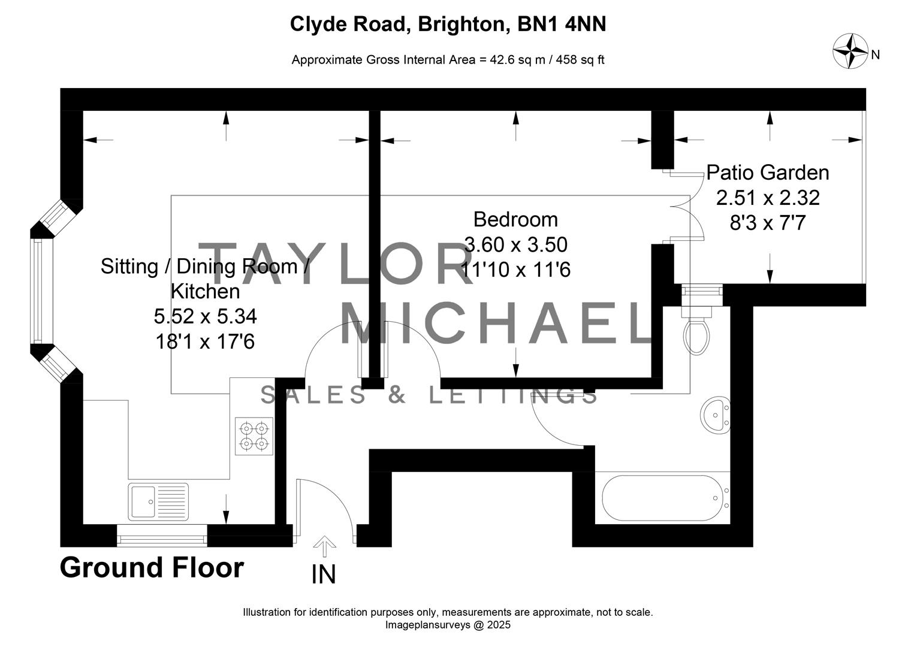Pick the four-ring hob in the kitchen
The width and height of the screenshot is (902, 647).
tap(254, 437)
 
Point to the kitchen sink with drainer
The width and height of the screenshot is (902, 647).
tap(158, 501)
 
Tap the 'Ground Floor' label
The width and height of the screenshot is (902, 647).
tap(152, 568)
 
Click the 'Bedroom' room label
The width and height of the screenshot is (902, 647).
tap(515, 220)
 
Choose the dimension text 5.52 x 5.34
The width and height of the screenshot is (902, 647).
tap(206, 316)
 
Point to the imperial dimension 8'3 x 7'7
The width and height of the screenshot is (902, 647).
tap(768, 223)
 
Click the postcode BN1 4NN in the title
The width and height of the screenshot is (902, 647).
tap(562, 24)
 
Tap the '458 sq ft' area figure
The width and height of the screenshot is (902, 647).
tap(580, 60)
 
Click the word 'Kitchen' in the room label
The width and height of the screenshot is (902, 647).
tap(206, 292)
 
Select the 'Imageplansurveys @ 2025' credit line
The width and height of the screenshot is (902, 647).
tap(448, 625)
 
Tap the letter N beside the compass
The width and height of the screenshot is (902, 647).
tap(876, 55)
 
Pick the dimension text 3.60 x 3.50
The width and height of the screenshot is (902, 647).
tap(516, 245)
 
